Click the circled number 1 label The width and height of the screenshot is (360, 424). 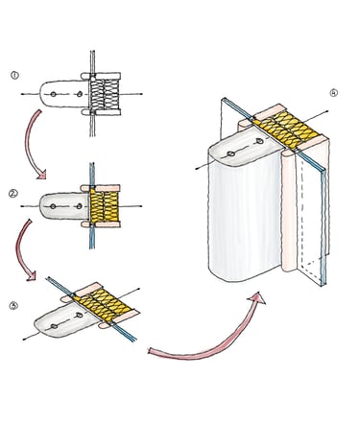click(14, 76)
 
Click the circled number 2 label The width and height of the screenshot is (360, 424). click(13, 193)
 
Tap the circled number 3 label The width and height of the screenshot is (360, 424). click(13, 306)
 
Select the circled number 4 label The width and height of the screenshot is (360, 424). click(333, 93)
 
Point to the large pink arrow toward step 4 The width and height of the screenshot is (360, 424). click(204, 347)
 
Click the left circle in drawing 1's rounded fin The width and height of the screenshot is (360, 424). click(53, 94)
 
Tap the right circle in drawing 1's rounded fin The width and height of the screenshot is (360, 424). click(80, 94)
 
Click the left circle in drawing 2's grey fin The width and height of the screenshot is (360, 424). click(53, 206)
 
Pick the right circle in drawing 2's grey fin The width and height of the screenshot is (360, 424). click(79, 206)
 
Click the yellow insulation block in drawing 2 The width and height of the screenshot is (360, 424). click(105, 206)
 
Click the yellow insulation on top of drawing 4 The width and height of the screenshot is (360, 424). click(287, 130)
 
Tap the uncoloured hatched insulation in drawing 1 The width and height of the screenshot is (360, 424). click(104, 94)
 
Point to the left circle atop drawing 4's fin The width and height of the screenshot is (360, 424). click(230, 154)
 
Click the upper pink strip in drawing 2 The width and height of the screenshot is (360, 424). click(101, 188)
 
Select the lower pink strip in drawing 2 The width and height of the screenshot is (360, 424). click(101, 224)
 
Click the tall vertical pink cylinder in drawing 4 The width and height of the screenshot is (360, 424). click(289, 211)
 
